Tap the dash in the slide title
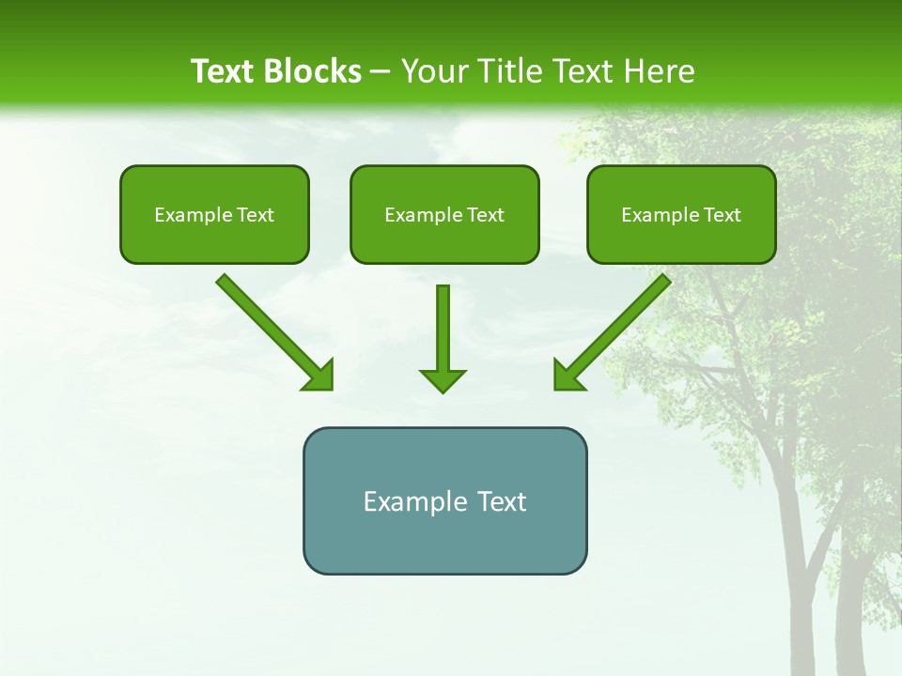(x=381, y=72)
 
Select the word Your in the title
(x=431, y=71)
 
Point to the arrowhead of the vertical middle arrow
(x=443, y=380)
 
